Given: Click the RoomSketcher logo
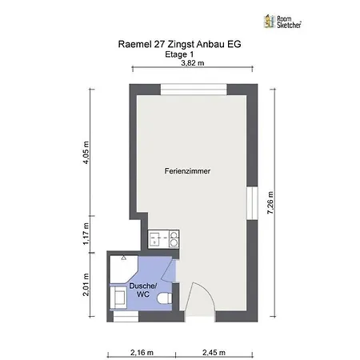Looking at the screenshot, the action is [x=282, y=22].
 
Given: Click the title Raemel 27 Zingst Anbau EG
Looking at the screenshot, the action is [x=179, y=44].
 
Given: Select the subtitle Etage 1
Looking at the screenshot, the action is [x=179, y=54].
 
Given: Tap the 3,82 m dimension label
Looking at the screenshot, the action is [x=193, y=63].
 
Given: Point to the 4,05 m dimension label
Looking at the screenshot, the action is [x=86, y=153].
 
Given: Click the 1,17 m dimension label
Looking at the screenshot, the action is [x=86, y=234].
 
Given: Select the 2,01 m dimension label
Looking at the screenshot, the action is [x=86, y=285].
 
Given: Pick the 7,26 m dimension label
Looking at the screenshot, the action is [x=270, y=202].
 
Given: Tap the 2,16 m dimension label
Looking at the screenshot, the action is [x=142, y=352].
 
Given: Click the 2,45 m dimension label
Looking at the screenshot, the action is [x=214, y=352].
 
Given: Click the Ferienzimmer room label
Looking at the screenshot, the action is [x=187, y=171].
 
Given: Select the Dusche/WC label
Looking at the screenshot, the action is [x=143, y=290].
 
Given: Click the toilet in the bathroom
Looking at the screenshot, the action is [x=165, y=298].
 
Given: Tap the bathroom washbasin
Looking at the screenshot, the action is [x=119, y=298].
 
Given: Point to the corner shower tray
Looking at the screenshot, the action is [x=123, y=269].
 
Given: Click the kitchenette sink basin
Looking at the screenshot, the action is [x=154, y=239].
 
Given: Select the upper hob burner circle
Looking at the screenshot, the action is [x=174, y=235].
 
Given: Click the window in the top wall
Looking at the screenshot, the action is [x=194, y=90].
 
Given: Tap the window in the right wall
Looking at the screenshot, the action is [x=252, y=203].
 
